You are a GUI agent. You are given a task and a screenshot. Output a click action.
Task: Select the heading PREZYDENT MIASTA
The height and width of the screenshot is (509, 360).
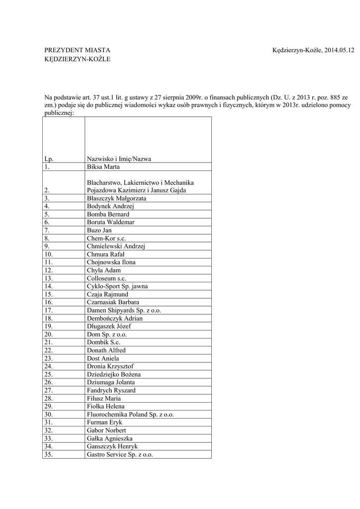pos(77,51)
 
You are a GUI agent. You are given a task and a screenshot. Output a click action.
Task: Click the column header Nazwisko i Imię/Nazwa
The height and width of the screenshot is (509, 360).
pos(119,159)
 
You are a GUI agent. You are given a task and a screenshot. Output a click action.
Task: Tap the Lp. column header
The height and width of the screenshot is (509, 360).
pos(48,159)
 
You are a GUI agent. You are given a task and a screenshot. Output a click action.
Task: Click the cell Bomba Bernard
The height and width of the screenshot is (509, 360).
pos(108,214)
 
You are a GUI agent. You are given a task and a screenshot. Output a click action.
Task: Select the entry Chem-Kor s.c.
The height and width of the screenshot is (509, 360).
pos(106,238)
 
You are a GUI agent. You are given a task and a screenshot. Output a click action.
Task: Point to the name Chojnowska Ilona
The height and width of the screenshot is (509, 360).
pos(111,262)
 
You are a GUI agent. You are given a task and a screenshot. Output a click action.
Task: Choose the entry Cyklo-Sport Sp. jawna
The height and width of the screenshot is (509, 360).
pos(117,286)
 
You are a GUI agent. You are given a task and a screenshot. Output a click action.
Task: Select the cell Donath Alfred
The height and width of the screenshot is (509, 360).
pos(106,350)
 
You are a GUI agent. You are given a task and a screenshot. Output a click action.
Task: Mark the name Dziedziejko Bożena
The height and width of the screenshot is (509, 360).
pos(114,374)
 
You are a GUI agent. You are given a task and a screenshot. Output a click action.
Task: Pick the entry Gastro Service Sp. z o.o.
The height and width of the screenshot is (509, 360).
pos(120,454)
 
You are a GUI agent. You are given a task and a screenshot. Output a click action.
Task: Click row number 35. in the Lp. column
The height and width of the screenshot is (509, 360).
pos(48,454)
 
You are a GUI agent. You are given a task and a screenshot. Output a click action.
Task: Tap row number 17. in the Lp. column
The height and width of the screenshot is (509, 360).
pos(48,310)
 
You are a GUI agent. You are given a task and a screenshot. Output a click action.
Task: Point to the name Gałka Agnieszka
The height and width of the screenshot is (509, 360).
pos(109,438)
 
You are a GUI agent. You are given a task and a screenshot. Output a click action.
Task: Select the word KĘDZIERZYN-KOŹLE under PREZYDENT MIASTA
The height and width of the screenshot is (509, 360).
pos(77,60)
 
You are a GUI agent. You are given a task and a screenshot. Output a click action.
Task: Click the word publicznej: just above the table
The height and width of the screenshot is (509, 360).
pos(59,113)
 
